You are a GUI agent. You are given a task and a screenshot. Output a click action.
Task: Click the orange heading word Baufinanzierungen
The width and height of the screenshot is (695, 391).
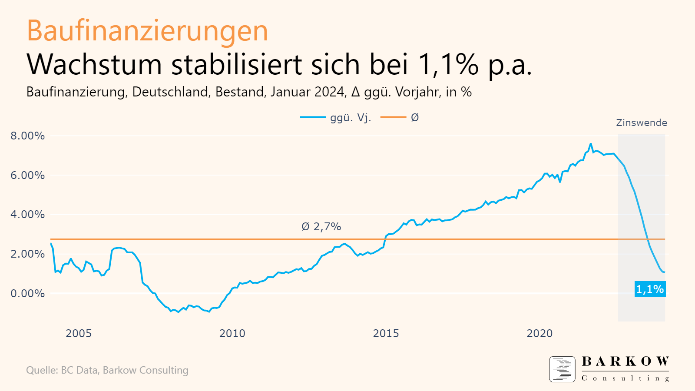147,31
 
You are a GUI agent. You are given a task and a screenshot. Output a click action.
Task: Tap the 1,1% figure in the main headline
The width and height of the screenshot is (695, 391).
448,64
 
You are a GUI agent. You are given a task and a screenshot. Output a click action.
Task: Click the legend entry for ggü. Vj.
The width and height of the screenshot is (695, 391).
335,117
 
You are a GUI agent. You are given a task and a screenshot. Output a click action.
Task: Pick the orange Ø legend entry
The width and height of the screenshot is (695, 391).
400,117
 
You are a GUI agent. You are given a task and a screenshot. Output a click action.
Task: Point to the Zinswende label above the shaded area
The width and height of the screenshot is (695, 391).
641,123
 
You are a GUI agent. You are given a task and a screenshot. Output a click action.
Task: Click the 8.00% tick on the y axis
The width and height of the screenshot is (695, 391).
28,136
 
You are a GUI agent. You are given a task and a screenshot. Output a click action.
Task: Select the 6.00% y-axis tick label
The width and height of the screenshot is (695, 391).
28,176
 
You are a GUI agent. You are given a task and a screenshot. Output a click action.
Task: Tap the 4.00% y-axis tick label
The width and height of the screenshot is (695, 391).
28,215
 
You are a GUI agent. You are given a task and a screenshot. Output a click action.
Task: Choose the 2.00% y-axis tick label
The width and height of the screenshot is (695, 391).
28,254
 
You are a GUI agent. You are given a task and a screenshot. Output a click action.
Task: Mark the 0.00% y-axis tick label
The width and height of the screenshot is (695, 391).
28,294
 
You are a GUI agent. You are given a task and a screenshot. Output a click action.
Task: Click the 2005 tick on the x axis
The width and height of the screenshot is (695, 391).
79,334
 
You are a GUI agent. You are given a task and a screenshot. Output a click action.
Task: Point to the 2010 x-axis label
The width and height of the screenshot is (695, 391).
232,334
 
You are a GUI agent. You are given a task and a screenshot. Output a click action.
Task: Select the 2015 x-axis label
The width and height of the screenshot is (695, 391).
386,334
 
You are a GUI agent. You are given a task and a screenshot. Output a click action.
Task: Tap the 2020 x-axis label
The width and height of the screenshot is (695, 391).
539,334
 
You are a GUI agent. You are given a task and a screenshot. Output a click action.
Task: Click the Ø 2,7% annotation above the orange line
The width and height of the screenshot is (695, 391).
321,227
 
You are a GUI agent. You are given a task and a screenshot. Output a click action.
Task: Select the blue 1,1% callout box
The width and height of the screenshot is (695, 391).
650,289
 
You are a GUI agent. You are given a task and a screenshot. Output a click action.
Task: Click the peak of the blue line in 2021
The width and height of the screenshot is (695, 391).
591,144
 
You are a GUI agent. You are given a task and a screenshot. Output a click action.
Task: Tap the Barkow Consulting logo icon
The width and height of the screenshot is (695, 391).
562,369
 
